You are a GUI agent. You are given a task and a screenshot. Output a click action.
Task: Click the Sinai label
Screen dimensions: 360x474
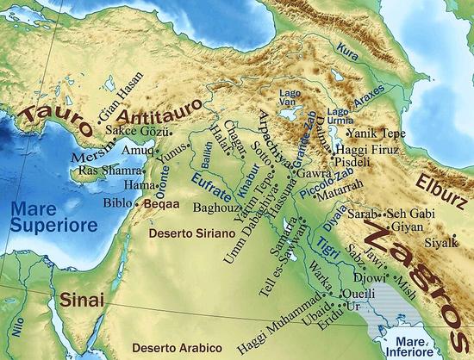click(x=82, y=301)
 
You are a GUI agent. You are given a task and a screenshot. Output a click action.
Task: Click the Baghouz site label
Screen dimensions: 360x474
click(x=213, y=207)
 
